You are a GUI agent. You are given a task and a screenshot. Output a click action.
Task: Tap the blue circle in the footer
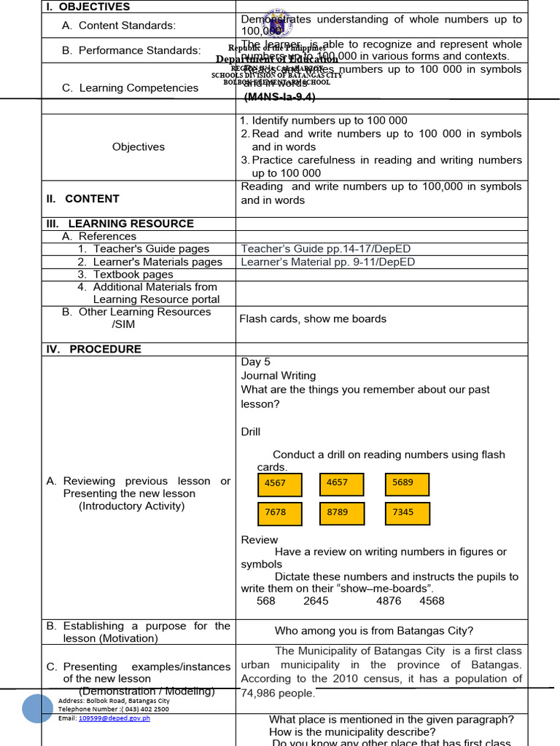[37, 708]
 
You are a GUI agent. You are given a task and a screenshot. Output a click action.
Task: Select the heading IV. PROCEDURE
[94, 349]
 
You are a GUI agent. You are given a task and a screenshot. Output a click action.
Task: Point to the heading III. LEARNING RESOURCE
[120, 224]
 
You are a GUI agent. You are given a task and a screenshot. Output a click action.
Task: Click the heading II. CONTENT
[83, 198]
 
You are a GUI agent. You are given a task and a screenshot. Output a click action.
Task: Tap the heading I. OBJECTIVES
[88, 7]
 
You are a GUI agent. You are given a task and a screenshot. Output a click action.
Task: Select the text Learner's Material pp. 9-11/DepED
[327, 262]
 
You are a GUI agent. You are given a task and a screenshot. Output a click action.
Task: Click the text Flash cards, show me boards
[313, 318]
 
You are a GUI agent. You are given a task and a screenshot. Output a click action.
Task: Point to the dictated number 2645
[316, 601]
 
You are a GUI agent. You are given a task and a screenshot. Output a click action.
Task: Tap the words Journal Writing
[279, 375]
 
